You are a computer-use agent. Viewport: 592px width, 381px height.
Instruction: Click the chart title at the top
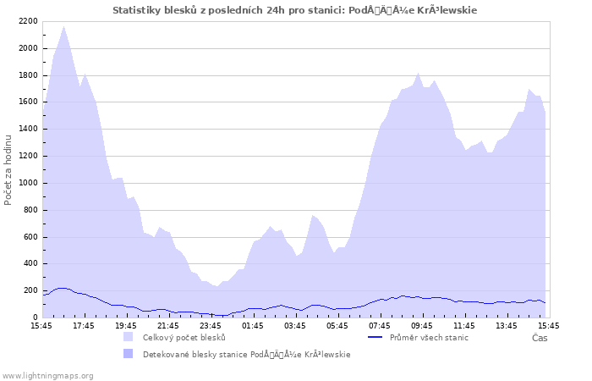[x=294, y=10]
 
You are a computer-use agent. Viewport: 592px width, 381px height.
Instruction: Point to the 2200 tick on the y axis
[x=26, y=21]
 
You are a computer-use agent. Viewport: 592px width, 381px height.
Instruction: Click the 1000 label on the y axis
[x=26, y=183]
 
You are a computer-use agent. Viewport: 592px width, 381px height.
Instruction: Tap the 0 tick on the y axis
[x=35, y=317]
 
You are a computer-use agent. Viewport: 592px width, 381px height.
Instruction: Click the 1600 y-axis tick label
[x=26, y=102]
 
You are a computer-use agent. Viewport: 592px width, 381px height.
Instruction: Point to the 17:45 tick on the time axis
[x=84, y=325]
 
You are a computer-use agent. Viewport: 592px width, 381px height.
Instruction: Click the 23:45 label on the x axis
[x=211, y=325]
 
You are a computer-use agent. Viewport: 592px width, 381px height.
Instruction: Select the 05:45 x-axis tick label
[x=337, y=325]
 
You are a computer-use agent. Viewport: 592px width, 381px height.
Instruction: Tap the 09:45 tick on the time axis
[x=422, y=325]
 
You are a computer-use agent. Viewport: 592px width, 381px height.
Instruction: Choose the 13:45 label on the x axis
[x=507, y=325]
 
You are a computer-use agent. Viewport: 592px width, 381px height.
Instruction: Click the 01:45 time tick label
[x=253, y=325]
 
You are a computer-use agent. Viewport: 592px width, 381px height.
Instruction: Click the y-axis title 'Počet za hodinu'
[x=8, y=169]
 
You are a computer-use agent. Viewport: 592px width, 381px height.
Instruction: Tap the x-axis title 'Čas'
[x=540, y=338]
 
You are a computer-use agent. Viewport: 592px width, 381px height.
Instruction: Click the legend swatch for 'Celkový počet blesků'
[x=129, y=337]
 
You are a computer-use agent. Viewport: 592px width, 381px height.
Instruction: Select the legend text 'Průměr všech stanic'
[x=429, y=337]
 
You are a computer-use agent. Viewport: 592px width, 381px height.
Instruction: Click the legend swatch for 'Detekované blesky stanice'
[x=129, y=354]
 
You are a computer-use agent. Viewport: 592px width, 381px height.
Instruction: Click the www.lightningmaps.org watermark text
[x=47, y=375]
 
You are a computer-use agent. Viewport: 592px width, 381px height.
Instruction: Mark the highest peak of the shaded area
[x=63, y=26]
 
